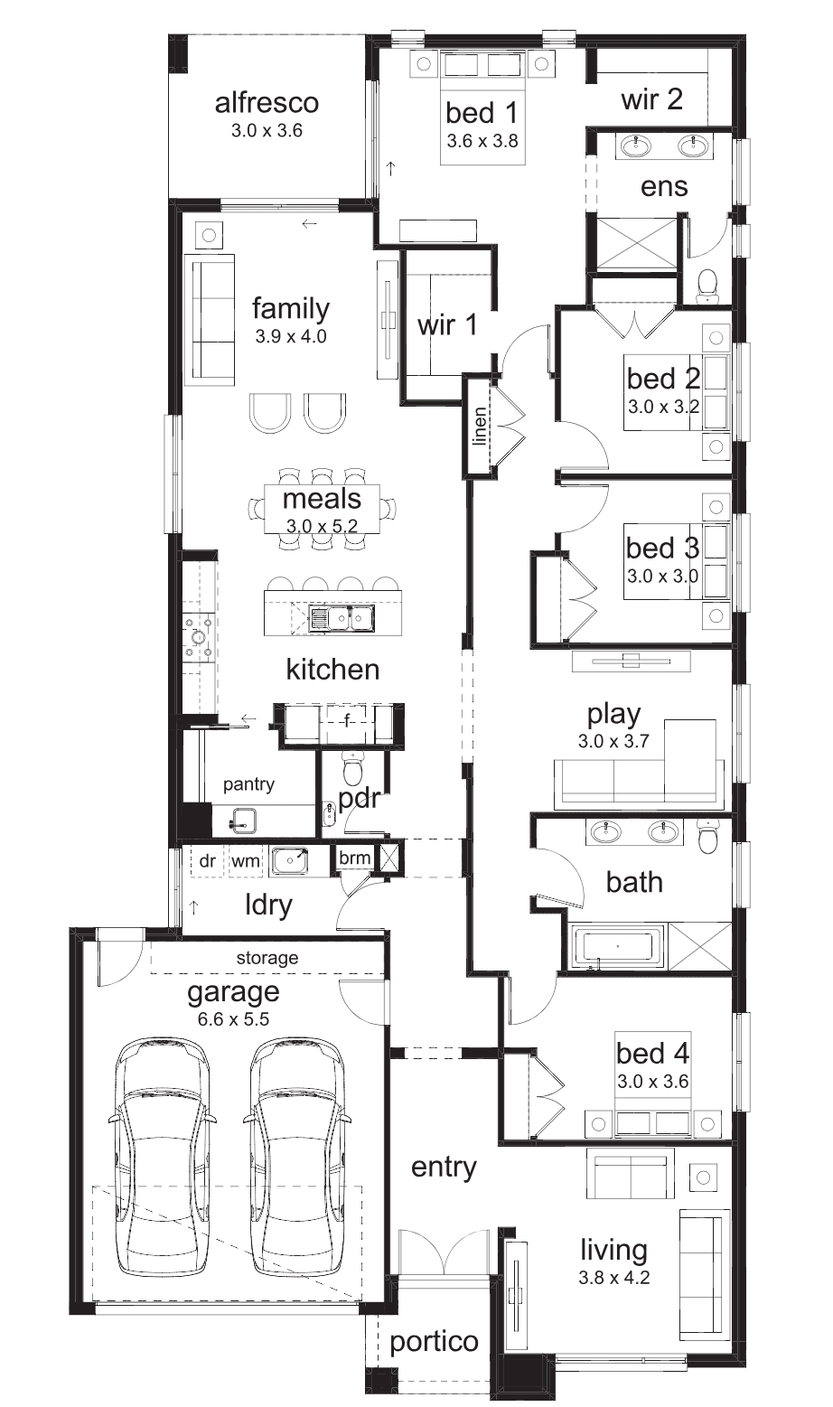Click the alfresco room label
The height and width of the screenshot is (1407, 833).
tap(267, 103)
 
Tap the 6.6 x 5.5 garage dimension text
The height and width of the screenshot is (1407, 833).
tap(233, 1018)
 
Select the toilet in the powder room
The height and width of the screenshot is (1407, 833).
tap(352, 767)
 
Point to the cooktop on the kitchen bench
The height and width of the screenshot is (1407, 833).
tap(199, 637)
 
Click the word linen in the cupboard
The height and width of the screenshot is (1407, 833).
tap(480, 426)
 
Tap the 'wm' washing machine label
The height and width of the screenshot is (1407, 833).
tap(245, 860)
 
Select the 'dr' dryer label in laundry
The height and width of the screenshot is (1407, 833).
tap(207, 860)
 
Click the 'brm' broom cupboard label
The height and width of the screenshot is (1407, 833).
tap(354, 858)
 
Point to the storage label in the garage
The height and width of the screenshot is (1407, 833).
tap(267, 958)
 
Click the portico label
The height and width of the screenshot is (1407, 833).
tap(434, 1342)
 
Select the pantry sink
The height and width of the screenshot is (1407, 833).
tap(242, 820)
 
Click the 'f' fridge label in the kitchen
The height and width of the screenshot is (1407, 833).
tap(347, 721)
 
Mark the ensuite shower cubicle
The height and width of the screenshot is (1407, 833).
tap(636, 243)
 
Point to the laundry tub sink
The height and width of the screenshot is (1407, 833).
tap(289, 860)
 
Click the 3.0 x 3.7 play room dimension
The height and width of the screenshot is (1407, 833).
tap(613, 741)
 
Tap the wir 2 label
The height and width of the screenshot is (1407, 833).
tap(651, 99)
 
